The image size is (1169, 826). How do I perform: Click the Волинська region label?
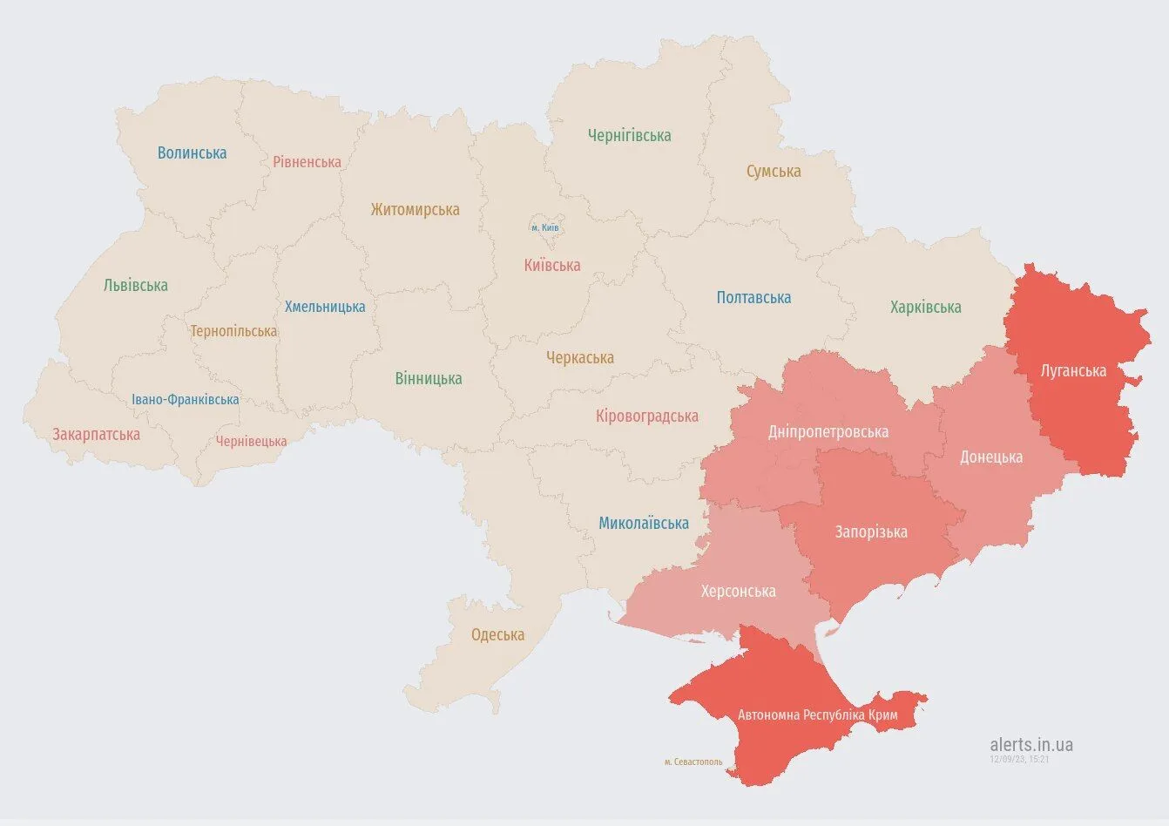click(x=192, y=153)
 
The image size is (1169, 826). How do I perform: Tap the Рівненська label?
click(x=307, y=162)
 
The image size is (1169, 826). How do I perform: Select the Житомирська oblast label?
click(x=415, y=210)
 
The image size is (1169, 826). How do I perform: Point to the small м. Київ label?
click(x=545, y=228)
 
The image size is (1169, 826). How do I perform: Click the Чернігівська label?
click(x=629, y=136)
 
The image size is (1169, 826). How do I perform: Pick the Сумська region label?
click(x=773, y=172)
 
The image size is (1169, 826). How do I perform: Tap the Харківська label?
click(x=925, y=308)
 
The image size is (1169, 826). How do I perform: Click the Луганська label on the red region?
click(x=1073, y=371)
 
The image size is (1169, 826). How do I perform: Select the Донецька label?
click(x=991, y=457)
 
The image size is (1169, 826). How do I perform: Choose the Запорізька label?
click(x=871, y=532)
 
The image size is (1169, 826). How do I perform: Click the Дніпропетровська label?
click(x=828, y=432)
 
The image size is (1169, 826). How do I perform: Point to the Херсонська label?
click(x=738, y=592)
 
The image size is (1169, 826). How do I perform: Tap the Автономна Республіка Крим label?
click(x=817, y=715)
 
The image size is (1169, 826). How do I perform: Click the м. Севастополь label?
click(x=693, y=762)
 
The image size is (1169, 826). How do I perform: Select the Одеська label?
click(x=497, y=635)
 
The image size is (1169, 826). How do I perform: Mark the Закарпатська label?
click(x=96, y=435)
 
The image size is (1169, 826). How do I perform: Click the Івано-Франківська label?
click(x=186, y=400)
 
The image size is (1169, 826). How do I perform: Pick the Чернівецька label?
click(x=251, y=442)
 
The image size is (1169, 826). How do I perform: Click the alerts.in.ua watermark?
click(x=1031, y=745)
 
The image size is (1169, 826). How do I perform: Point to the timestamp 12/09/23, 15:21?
click(x=1018, y=760)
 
